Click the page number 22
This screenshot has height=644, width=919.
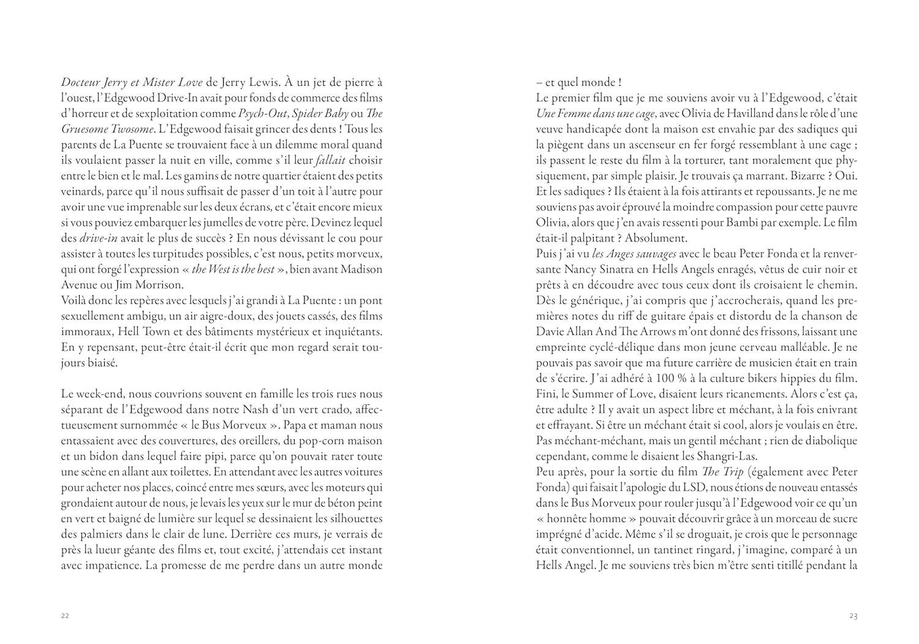click(x=65, y=616)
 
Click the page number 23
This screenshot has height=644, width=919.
click(x=853, y=616)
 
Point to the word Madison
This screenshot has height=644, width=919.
click(x=361, y=269)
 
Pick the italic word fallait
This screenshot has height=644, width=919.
click(x=330, y=161)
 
